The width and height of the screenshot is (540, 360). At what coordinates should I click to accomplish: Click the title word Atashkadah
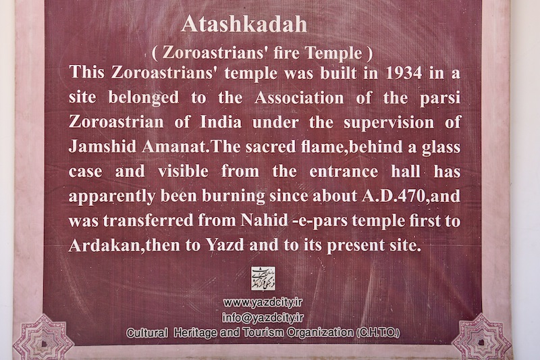pyautogui.click(x=244, y=24)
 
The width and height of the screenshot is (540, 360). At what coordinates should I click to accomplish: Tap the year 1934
pyautogui.click(x=404, y=73)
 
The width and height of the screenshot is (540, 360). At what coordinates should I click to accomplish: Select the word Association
pyautogui.click(x=299, y=98)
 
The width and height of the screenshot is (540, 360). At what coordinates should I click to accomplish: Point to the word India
pyautogui.click(x=221, y=122)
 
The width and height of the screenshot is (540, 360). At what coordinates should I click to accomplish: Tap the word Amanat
pyautogui.click(x=175, y=147)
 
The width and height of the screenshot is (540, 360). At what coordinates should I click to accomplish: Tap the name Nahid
pyautogui.click(x=264, y=220)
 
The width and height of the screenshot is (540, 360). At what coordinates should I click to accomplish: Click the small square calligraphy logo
pyautogui.click(x=263, y=279)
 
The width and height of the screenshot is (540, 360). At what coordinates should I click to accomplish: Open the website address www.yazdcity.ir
pyautogui.click(x=263, y=303)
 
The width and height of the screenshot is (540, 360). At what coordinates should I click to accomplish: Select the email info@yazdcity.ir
pyautogui.click(x=263, y=317)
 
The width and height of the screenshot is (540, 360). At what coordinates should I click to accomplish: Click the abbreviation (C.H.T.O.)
pyautogui.click(x=378, y=333)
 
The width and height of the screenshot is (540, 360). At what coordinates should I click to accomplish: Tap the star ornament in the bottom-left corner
pyautogui.click(x=43, y=338)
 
